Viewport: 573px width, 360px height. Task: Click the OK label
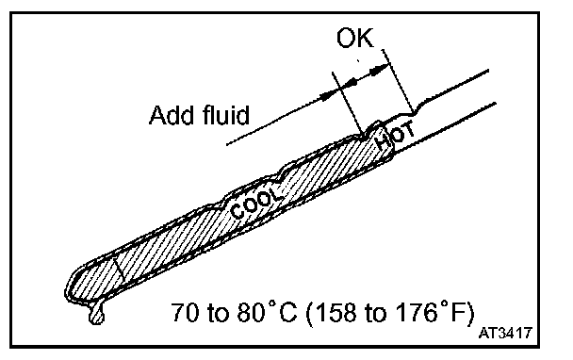tap(355, 38)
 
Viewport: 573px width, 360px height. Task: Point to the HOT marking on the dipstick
tap(396, 136)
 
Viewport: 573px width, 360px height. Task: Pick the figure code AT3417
tap(505, 333)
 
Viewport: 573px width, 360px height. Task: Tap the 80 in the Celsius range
tap(251, 313)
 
